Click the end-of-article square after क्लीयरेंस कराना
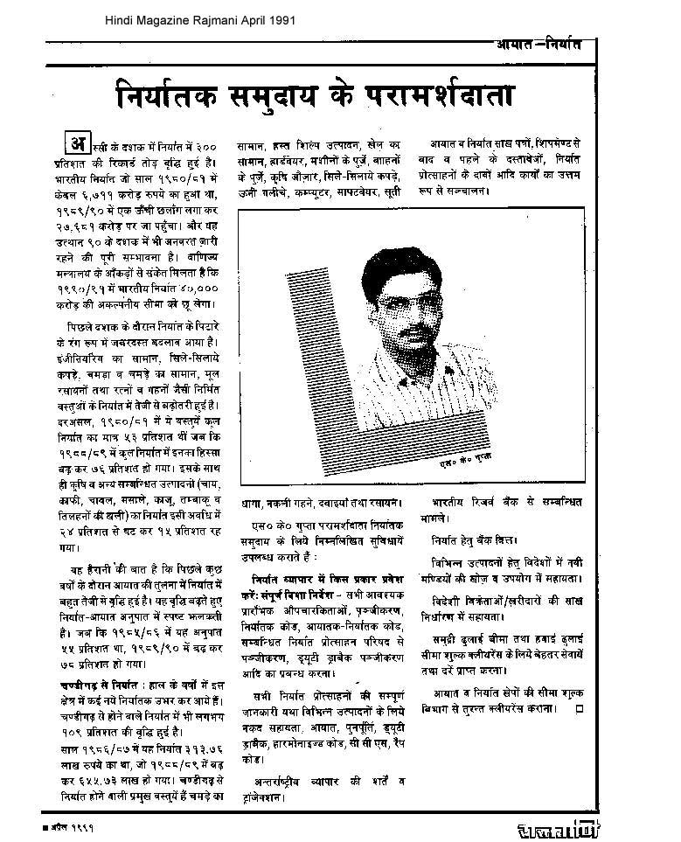pos(580,708)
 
